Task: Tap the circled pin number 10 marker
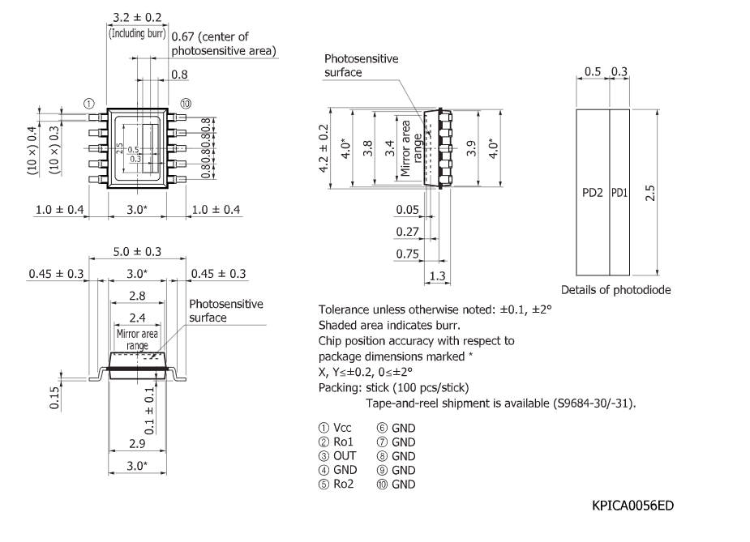tap(186, 104)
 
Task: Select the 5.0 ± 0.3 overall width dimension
tap(137, 251)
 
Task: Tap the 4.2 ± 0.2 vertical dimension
tap(325, 148)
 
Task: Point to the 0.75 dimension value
tap(406, 254)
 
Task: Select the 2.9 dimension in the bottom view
tap(137, 444)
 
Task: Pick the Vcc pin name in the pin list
tap(342, 427)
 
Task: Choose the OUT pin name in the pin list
tap(344, 455)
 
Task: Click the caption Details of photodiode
tap(615, 290)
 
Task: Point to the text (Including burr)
tap(137, 34)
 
